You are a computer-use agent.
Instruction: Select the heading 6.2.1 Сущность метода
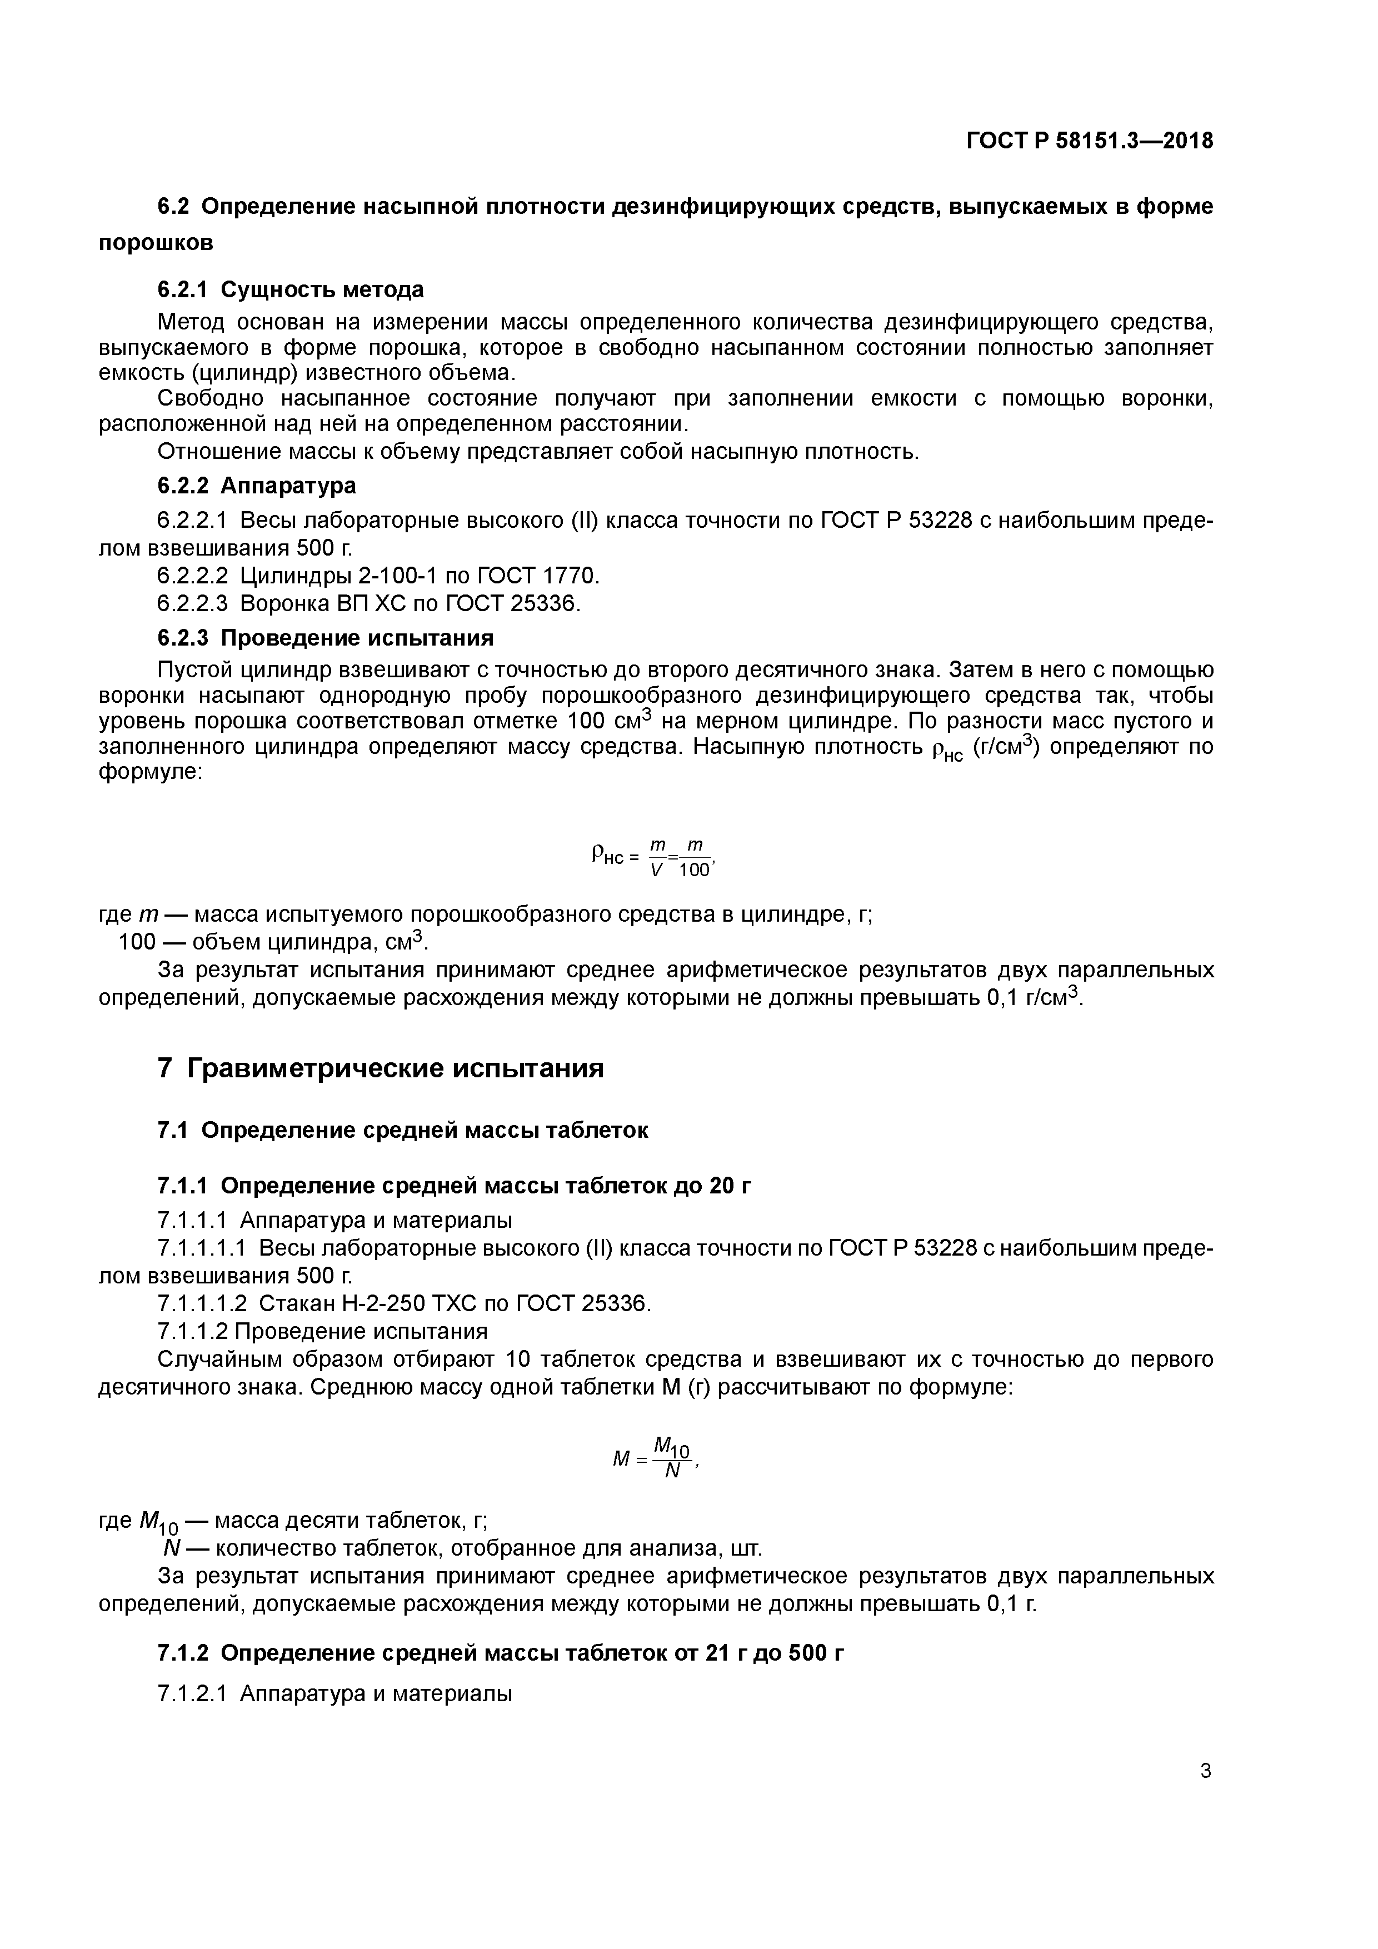tap(291, 289)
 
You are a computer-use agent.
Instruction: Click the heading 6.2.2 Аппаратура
tap(256, 486)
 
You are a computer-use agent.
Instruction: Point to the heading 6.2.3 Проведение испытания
tap(325, 637)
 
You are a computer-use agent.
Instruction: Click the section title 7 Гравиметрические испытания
tap(381, 1068)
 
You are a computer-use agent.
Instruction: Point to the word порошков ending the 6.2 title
tap(156, 243)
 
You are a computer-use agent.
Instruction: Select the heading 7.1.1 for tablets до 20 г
tap(454, 1186)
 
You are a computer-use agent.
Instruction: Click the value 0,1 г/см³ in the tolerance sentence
tap(1035, 997)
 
